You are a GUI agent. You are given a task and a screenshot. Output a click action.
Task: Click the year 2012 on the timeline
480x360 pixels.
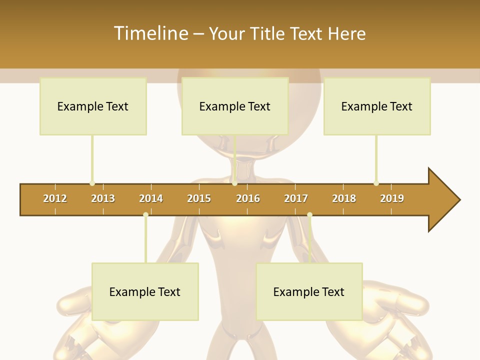click(55, 198)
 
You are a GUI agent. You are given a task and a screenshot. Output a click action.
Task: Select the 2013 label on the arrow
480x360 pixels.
click(103, 198)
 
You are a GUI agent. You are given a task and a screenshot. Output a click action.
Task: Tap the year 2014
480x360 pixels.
click(151, 198)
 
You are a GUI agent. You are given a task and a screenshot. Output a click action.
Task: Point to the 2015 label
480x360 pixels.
click(199, 198)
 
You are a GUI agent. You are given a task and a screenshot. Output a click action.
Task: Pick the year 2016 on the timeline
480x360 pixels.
click(248, 198)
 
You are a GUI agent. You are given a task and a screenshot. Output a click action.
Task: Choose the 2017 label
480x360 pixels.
click(296, 198)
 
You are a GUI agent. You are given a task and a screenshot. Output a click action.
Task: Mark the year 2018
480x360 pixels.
click(344, 198)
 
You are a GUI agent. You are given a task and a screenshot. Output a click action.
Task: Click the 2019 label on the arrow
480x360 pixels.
click(392, 198)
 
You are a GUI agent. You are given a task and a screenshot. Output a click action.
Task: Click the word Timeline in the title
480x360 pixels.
click(150, 33)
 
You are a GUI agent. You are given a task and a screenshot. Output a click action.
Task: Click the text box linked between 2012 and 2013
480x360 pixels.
click(93, 106)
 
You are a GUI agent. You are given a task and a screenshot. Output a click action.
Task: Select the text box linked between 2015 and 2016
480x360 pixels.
click(235, 106)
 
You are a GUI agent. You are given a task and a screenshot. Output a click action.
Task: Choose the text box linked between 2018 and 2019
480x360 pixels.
click(377, 106)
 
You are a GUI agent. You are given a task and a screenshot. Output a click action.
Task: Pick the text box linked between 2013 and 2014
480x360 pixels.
click(145, 292)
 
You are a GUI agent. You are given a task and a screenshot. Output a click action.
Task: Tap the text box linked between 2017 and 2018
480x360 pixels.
click(309, 292)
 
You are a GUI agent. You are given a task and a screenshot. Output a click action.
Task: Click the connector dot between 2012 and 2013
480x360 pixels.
click(92, 183)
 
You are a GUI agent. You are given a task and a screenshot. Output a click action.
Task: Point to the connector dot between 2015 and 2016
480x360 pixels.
click(235, 183)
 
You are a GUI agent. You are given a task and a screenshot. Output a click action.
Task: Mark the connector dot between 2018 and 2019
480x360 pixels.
click(376, 183)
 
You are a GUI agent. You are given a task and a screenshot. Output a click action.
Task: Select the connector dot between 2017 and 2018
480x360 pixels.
click(309, 215)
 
